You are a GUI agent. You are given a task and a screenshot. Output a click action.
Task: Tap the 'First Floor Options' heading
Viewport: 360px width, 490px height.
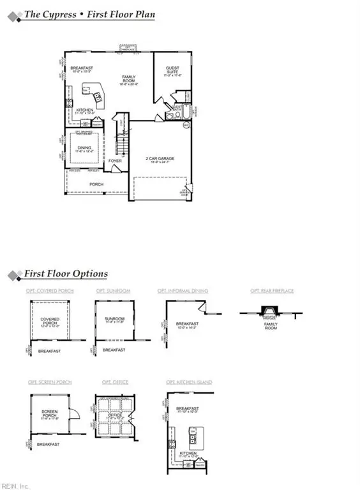tap(66, 274)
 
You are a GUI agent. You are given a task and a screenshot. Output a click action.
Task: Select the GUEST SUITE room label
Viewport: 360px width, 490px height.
tap(173, 70)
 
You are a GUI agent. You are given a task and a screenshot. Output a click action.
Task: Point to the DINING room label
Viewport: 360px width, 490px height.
tap(84, 148)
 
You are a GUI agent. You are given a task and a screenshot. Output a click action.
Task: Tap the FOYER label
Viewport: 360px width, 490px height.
tap(115, 161)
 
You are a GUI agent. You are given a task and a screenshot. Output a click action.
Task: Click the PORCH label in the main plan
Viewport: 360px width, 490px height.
tap(96, 184)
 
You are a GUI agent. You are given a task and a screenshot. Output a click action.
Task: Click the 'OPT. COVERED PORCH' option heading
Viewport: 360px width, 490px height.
tap(50, 291)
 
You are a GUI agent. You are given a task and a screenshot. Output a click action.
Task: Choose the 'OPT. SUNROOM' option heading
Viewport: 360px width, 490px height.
tap(113, 291)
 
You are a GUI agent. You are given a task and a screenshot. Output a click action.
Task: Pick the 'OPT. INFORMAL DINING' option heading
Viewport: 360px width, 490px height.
tap(183, 291)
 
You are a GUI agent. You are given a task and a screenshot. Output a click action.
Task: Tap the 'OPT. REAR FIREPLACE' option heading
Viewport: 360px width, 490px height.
tap(272, 291)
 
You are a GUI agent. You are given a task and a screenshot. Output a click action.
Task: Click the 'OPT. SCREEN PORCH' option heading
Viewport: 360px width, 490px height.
tap(49, 382)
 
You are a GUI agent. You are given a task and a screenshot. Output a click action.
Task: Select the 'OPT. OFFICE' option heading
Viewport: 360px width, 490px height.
tap(115, 382)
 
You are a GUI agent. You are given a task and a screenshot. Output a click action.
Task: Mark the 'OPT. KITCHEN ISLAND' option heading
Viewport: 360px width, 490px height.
tap(190, 382)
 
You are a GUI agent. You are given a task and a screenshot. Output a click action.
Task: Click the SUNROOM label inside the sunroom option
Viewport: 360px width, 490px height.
tap(114, 318)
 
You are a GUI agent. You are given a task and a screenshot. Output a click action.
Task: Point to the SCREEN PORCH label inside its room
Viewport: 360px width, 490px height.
tap(49, 413)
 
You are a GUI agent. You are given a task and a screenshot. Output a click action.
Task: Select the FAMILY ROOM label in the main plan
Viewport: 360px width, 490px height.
tap(131, 79)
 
